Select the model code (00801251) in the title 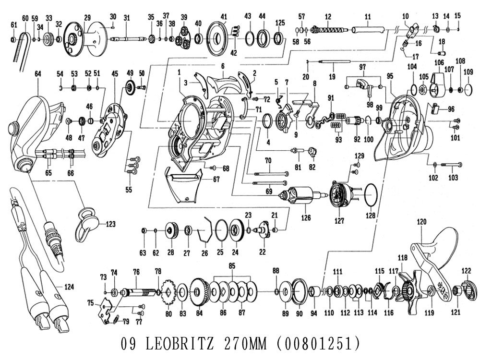319,344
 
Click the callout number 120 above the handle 421,222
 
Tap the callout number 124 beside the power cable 69,288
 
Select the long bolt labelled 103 451,165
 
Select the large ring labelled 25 221,230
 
